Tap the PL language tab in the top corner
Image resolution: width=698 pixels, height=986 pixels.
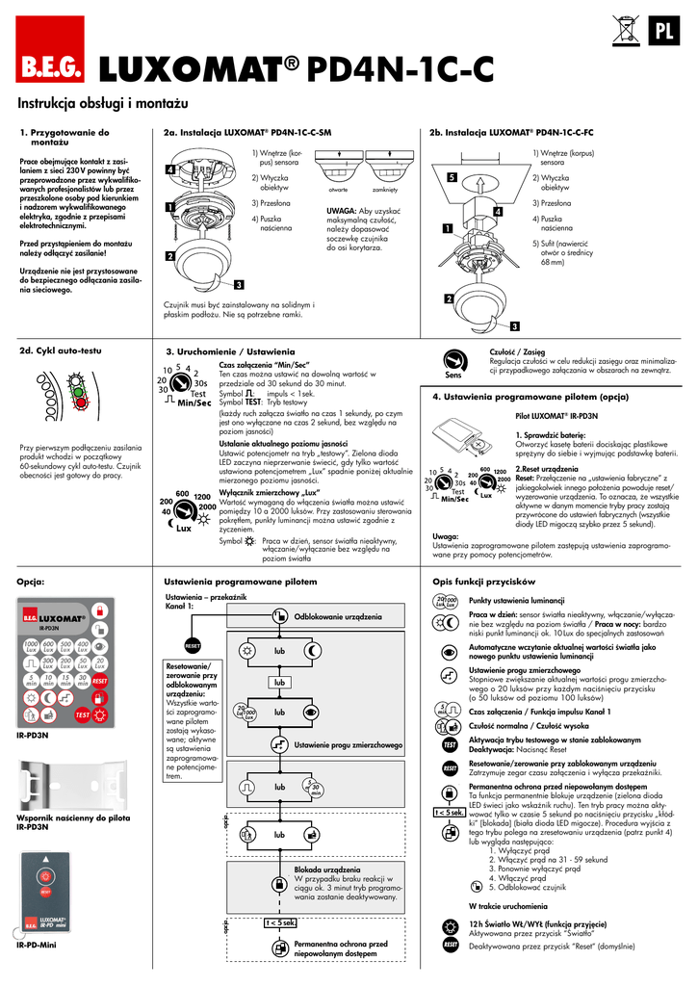pyautogui.click(x=662, y=31)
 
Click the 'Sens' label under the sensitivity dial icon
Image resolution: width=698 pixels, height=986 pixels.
pyautogui.click(x=454, y=375)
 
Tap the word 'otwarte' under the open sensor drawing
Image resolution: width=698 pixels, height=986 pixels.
pyautogui.click(x=339, y=191)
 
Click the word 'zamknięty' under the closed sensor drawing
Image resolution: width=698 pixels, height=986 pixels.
pyautogui.click(x=398, y=191)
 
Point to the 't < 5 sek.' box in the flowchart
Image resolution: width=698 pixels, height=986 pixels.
pyautogui.click(x=280, y=923)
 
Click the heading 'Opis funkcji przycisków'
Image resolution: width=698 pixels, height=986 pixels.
pyautogui.click(x=484, y=583)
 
